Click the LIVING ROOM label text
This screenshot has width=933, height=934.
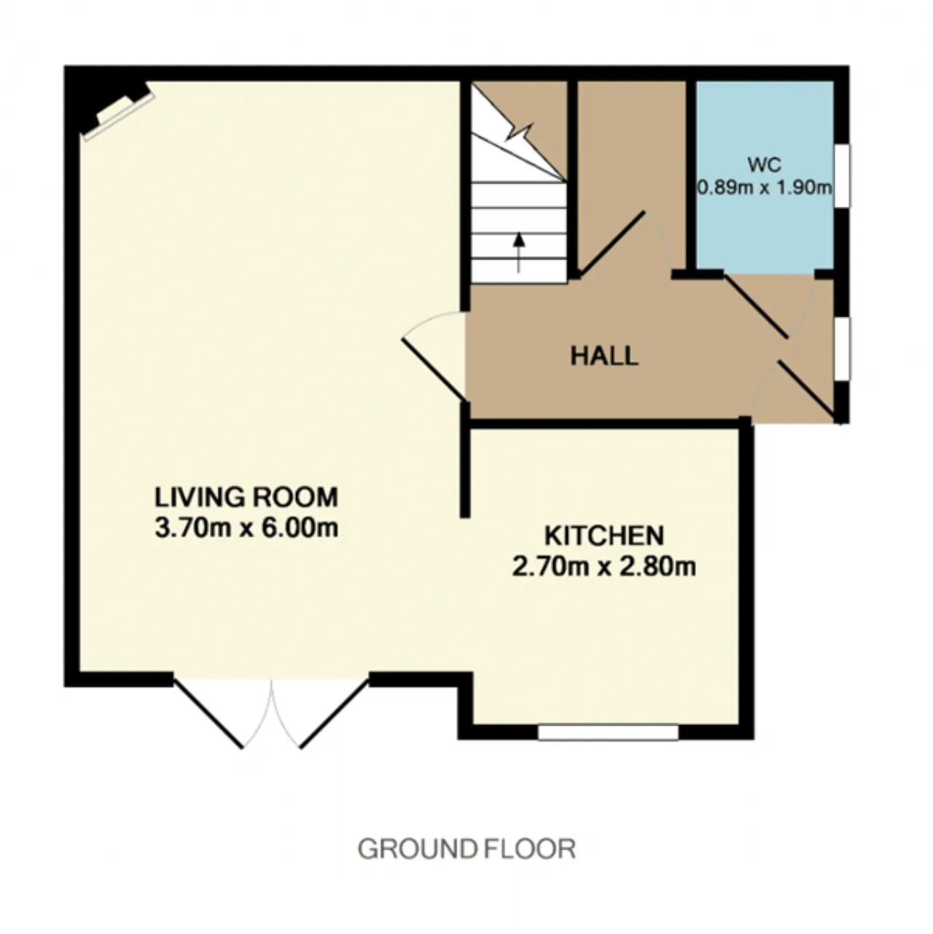point(246,498)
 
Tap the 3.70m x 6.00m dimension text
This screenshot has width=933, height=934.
point(246,527)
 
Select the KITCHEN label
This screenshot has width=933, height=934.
point(604,536)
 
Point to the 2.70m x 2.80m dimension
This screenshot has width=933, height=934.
point(604,566)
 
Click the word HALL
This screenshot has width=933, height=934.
point(604,356)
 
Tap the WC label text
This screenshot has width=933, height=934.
point(765,165)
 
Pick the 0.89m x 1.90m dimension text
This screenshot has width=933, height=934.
point(765,187)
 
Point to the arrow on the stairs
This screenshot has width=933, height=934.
point(520,253)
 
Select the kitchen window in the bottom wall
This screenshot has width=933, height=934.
point(608,732)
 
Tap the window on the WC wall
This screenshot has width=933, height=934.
point(842,176)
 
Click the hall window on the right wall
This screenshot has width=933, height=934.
point(842,349)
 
